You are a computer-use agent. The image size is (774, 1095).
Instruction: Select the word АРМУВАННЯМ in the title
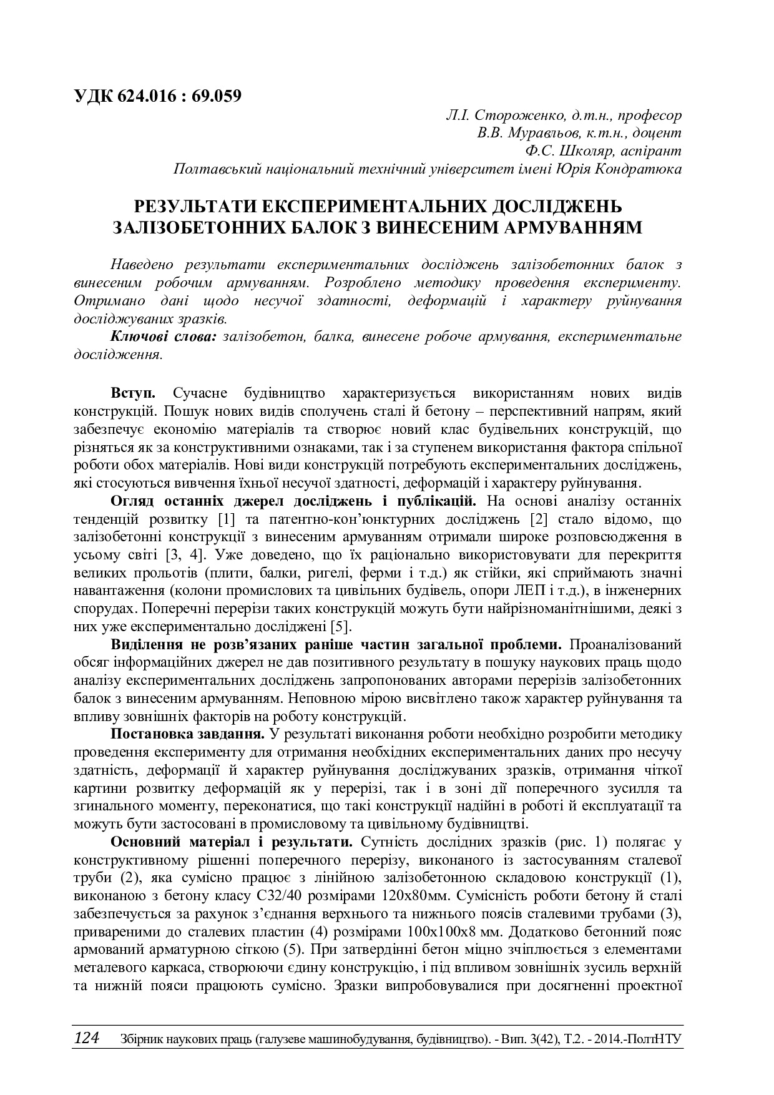click(x=572, y=227)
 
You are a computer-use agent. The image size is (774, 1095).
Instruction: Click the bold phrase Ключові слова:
click(x=164, y=336)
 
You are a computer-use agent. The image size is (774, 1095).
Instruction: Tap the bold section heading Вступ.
click(x=133, y=393)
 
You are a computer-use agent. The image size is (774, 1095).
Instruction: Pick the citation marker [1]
click(x=226, y=519)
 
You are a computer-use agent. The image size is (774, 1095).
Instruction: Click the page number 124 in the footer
click(x=86, y=1038)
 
